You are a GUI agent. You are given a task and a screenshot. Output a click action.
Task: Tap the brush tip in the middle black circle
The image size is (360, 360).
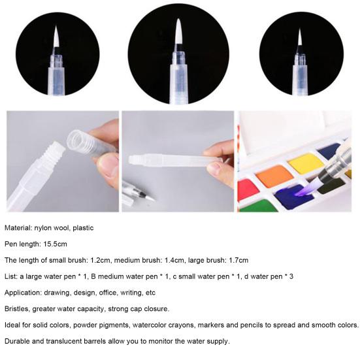[178, 33]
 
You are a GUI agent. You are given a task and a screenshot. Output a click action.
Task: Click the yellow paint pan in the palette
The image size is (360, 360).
[305, 163]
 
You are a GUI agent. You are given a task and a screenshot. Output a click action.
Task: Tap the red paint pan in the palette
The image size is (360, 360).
[247, 189]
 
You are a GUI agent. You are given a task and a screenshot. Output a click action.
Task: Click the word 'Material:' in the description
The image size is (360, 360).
[19, 228]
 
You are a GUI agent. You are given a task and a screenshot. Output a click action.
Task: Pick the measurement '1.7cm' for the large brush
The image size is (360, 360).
[236, 260]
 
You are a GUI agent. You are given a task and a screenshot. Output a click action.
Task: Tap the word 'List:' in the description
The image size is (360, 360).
[12, 276]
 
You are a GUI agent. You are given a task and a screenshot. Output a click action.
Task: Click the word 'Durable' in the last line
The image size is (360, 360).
[18, 340]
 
